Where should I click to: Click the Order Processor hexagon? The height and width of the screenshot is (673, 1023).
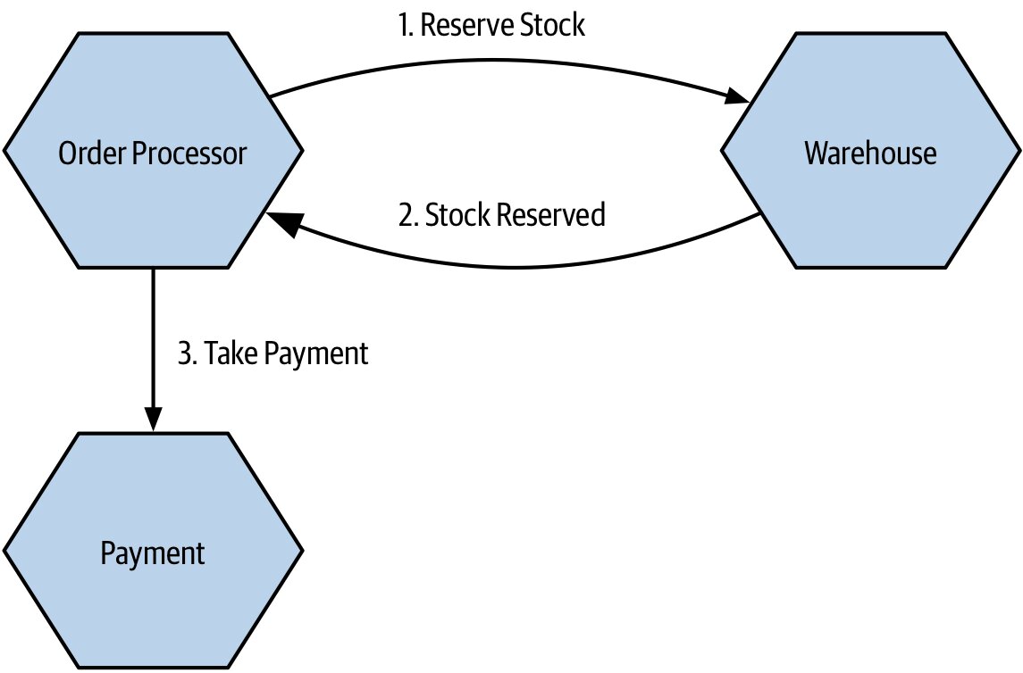point(154,151)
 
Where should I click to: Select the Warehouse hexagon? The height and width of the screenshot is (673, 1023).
point(870,151)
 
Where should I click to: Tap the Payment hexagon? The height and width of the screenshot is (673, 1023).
point(154,551)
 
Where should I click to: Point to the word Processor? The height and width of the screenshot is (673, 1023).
point(189,154)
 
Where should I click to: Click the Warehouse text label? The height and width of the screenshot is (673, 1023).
point(870,154)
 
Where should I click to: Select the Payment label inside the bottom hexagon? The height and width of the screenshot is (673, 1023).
point(153,553)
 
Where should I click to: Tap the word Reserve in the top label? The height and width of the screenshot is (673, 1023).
point(467,25)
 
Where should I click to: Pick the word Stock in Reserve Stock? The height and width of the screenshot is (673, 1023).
point(553,25)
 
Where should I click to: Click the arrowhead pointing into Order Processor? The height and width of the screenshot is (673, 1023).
point(281,223)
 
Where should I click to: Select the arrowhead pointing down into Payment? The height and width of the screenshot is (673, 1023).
point(154,420)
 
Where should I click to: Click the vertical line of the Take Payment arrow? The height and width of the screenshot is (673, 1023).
point(154,338)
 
